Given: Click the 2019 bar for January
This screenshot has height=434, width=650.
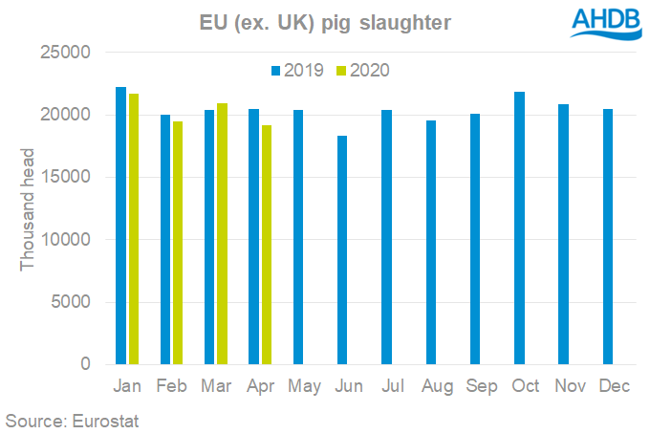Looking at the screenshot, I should pos(120,226).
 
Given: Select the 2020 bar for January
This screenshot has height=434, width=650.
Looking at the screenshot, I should pos(134,228).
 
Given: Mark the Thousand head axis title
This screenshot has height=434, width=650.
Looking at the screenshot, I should pos(28,208).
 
